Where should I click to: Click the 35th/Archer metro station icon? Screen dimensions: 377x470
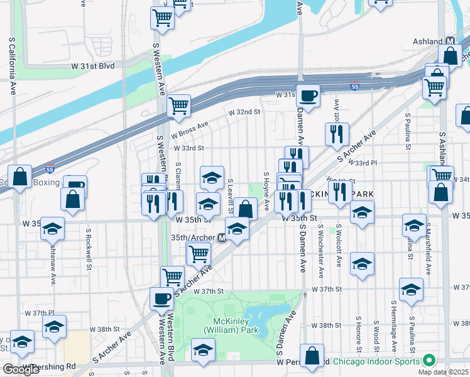[x=221, y=239]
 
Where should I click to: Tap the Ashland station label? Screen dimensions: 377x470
[x=427, y=41]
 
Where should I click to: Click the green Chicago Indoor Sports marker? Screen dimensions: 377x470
[x=429, y=361]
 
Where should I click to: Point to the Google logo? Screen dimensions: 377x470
[x=21, y=369]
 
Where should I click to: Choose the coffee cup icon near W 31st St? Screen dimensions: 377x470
[x=308, y=96]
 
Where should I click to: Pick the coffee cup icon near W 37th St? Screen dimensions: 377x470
[x=161, y=298]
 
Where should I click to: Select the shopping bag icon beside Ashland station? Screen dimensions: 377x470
[x=450, y=55]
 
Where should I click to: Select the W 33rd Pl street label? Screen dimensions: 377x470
[x=383, y=163]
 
